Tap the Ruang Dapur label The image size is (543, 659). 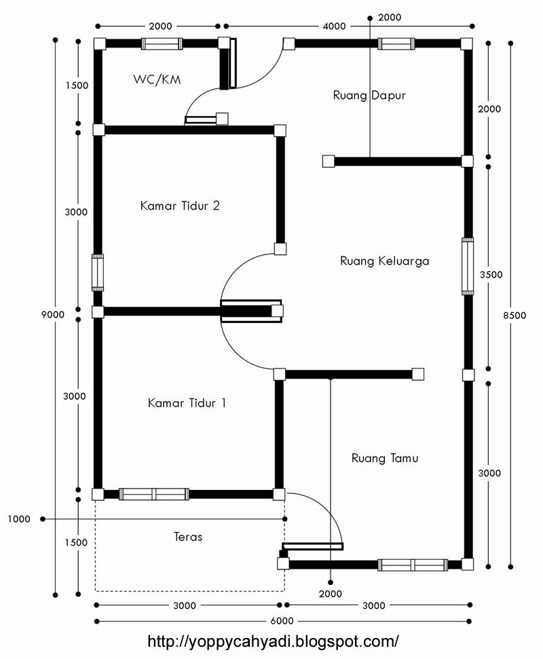(369, 95)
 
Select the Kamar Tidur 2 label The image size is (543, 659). (180, 205)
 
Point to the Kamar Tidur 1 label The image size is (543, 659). (187, 403)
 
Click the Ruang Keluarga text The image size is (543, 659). (384, 261)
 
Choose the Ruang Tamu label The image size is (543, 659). (385, 458)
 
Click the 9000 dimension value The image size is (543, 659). (52, 314)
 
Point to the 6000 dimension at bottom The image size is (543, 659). (282, 621)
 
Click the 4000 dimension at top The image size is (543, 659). (334, 26)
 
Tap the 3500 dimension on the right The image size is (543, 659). (490, 275)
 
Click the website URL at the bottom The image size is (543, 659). (272, 641)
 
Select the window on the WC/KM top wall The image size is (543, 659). (162, 44)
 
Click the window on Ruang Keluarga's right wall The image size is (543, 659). (468, 265)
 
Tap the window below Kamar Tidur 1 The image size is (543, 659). (154, 494)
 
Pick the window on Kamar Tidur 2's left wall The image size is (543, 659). (98, 273)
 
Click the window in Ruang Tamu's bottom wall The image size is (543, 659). (413, 564)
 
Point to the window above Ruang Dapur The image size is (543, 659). (397, 44)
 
